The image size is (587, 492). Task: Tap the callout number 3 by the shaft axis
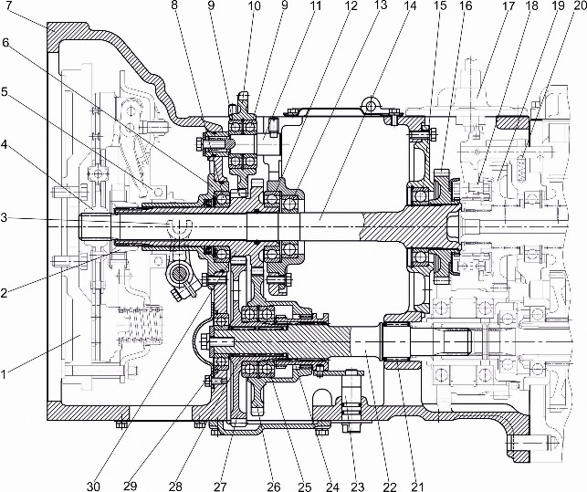point(7,216)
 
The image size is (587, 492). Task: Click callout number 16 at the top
point(466,5)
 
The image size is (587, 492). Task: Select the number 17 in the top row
point(508,5)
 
